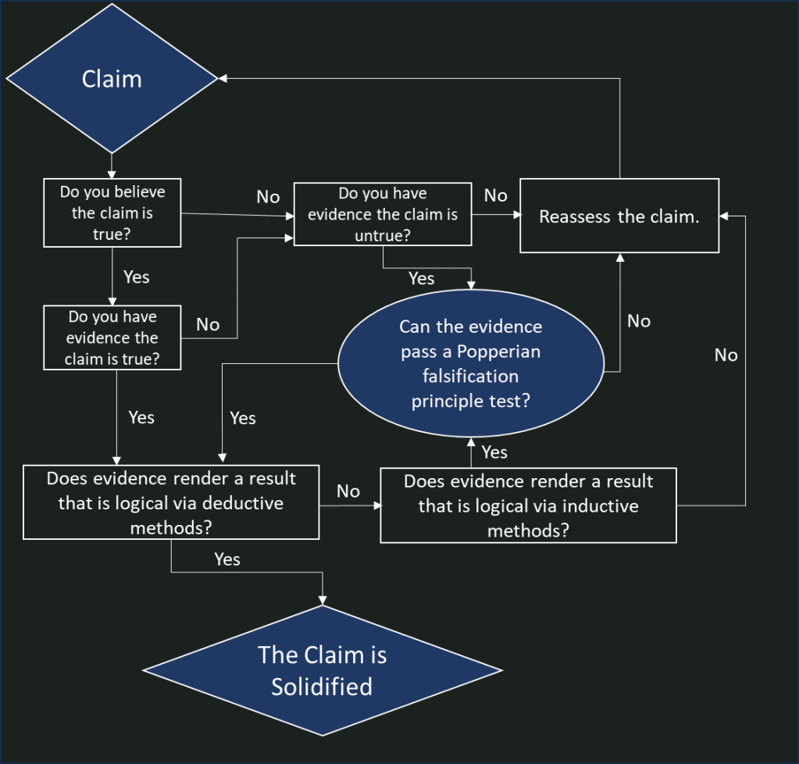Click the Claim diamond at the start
tap(112, 79)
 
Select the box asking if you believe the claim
tap(112, 212)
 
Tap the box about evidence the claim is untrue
tap(383, 214)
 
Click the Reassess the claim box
tap(619, 216)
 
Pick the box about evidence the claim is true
tap(112, 337)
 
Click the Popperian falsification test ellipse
tap(470, 364)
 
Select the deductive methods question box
tap(171, 502)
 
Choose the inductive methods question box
tap(528, 505)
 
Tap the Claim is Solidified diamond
tap(322, 670)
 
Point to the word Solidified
tap(322, 687)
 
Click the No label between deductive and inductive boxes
tap(348, 491)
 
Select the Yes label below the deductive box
tap(227, 559)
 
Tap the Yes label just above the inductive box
tap(494, 452)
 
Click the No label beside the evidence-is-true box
tap(208, 324)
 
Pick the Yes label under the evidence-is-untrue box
tap(422, 278)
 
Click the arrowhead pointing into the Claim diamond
tap(222, 79)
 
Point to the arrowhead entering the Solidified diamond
tap(322, 601)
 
